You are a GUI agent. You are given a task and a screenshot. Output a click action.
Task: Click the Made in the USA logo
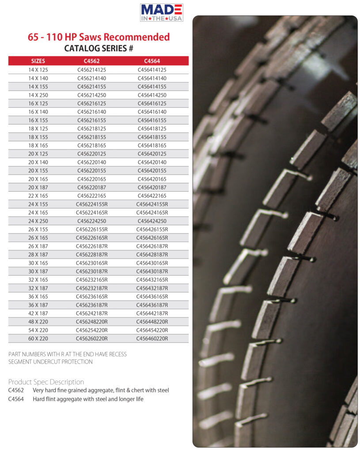point(161,12)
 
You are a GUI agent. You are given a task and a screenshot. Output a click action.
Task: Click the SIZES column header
point(38,61)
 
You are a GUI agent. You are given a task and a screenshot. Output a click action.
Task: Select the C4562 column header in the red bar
point(91,61)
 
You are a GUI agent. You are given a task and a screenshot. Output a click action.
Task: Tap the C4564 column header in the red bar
point(152,61)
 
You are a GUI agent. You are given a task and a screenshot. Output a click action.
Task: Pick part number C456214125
point(91,70)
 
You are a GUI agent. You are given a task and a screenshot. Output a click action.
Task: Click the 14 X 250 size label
point(38,95)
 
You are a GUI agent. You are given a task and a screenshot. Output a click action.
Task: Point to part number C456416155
point(152,120)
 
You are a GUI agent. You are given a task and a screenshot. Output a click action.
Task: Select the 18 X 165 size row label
point(38,145)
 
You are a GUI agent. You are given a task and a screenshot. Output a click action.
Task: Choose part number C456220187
point(91,187)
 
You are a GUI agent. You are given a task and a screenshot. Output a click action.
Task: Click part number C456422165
point(152,196)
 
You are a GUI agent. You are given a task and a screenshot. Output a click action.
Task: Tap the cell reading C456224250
point(91,221)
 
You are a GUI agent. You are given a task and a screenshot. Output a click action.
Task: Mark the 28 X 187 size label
point(38,254)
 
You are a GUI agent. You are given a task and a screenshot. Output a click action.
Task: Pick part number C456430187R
point(152,271)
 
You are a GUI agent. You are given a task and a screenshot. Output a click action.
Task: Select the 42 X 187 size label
point(38,313)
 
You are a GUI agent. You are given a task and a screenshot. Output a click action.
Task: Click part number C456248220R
point(91,321)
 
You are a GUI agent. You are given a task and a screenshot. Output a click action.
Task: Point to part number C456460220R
point(152,339)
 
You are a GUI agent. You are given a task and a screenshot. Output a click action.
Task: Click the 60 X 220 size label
point(38,339)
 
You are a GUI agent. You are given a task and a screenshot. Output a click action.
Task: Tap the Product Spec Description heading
point(46,382)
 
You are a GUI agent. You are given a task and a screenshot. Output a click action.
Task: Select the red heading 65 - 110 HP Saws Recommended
point(99,37)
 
